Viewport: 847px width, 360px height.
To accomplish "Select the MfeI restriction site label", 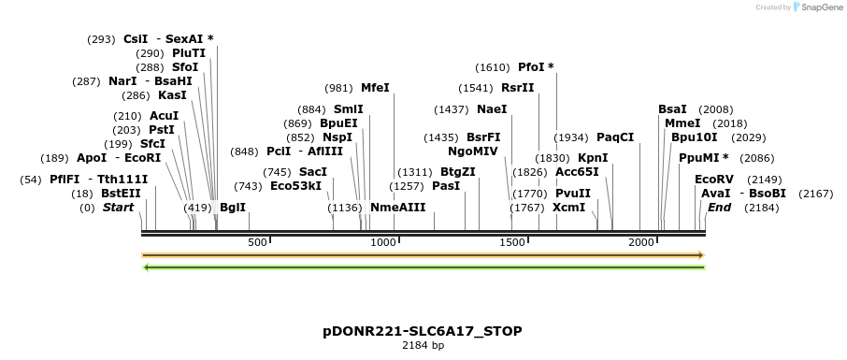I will tap(375, 88).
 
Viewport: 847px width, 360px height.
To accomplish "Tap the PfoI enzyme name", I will tap(536, 67).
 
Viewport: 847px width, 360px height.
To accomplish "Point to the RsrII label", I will tap(518, 88).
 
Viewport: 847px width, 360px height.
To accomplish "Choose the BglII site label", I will tap(233, 208).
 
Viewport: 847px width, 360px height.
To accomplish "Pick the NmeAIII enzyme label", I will tap(397, 208).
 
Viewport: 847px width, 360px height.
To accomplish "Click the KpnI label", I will tap(593, 158).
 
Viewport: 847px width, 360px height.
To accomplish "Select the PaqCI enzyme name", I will tap(615, 137).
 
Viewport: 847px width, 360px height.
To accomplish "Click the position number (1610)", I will tap(493, 67).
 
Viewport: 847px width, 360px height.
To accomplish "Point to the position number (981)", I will tap(338, 88).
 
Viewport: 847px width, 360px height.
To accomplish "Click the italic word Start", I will tap(119, 208).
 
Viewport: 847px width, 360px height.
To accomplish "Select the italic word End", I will tap(719, 208).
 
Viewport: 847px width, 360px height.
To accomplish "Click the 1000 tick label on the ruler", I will tap(383, 243).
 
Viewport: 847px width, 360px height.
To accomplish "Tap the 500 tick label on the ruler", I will tap(258, 243).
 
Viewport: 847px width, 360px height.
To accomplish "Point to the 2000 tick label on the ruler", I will tap(640, 243).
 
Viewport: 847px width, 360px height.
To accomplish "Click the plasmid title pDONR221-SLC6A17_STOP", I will tap(423, 331).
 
